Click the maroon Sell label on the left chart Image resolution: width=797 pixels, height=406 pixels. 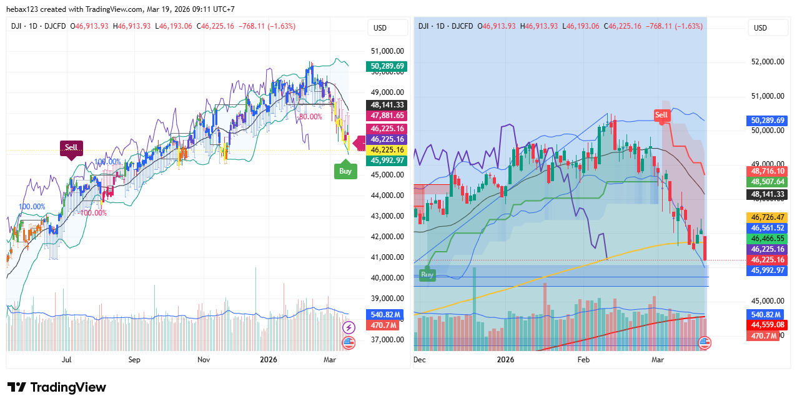pos(71,148)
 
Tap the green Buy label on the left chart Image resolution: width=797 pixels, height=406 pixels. pos(345,171)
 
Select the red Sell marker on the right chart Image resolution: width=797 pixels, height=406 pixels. pos(661,115)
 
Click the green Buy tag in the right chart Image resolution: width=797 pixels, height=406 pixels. pos(427,275)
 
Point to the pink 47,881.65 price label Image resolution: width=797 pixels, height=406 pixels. pos(388,116)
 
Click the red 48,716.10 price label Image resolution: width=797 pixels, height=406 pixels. pos(768,171)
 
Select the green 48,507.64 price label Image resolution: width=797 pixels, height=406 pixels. pos(768,182)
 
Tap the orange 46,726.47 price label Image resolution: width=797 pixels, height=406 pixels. pos(768,217)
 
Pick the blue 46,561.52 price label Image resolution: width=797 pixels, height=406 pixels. pos(768,228)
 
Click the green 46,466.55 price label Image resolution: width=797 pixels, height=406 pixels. pos(768,239)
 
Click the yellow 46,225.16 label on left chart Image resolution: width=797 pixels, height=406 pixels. pos(388,150)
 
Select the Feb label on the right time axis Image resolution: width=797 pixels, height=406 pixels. pos(583,360)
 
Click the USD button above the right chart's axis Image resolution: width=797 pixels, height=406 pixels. pos(760,27)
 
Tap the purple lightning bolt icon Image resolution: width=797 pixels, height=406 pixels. pos(349,327)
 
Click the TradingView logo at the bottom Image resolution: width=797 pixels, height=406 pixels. pos(57,387)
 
